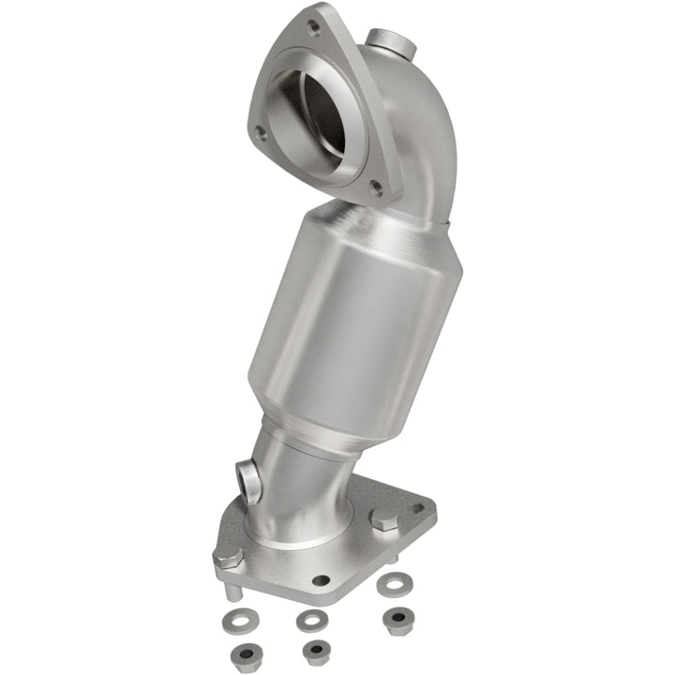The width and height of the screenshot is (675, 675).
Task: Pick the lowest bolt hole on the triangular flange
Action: (377, 187)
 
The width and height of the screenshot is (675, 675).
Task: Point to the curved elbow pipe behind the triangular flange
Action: (427, 141)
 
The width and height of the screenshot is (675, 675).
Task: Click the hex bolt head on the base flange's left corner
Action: (228, 555)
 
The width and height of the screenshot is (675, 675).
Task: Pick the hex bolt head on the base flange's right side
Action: (383, 518)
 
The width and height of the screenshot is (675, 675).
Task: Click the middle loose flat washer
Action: (311, 620)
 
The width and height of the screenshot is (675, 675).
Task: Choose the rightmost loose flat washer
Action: (390, 583)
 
